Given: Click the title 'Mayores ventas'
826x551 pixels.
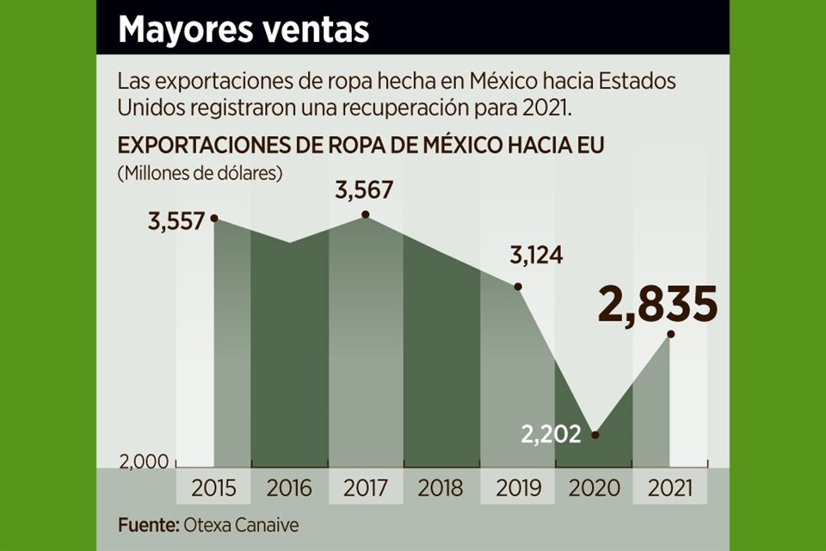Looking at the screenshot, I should coord(243,29).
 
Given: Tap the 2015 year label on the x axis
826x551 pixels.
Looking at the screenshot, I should coord(213,488).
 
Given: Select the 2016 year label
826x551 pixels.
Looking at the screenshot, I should coord(289,488).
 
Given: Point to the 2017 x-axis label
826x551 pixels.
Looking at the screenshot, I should coord(365,488).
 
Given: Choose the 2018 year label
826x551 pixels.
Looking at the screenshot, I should coord(441,488).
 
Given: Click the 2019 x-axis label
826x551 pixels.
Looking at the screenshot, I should coord(518,488).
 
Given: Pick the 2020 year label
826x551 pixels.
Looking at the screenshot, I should coord(594,488).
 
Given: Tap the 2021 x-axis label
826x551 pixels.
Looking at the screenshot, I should coord(669,488).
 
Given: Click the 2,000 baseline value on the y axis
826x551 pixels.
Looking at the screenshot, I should coord(145,462).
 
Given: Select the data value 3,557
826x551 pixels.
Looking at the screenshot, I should coord(176,221).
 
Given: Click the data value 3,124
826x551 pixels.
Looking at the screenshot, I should coord(538,256).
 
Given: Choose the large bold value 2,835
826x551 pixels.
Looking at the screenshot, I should coord(658,305).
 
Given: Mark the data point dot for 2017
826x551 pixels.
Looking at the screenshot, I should coord(366,214).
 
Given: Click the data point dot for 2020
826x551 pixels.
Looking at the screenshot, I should coord(595,434).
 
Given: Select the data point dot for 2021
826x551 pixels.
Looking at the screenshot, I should coord(670,334).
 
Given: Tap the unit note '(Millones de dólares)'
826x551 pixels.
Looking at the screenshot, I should coord(200,172).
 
